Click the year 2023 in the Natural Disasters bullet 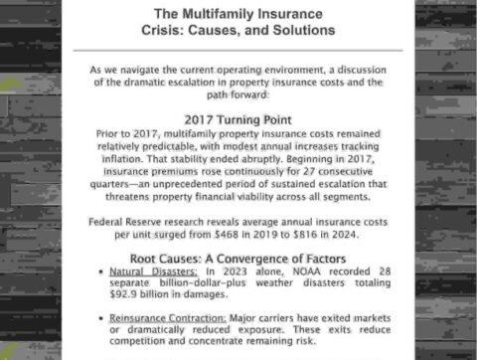click(238, 270)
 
